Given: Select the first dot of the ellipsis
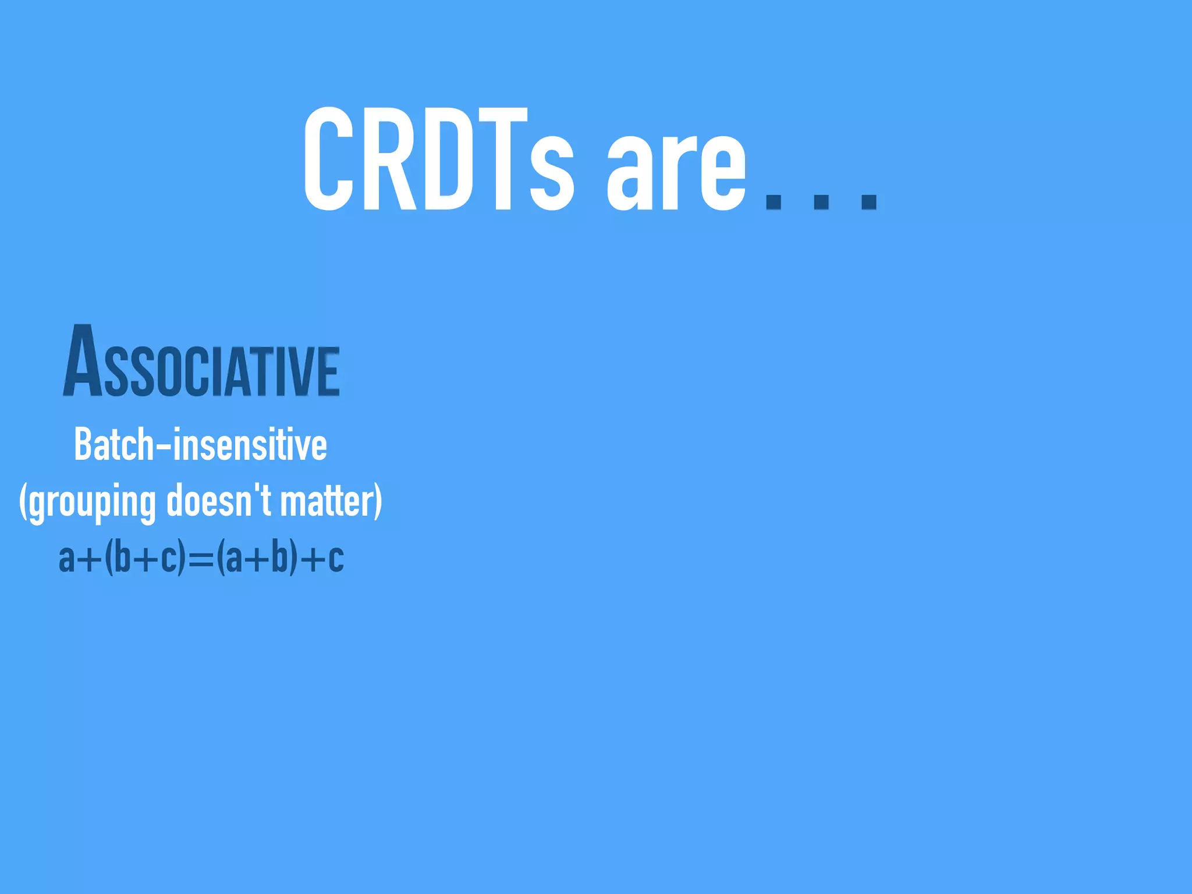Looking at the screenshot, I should pos(773,201).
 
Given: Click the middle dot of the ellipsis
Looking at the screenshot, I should pos(821,201).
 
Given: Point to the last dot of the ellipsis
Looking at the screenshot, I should pos(869,201).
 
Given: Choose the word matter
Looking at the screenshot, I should pos(326,501).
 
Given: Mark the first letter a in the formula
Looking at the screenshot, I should pos(66,560).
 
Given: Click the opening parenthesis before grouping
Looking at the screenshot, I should pos(23,501).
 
